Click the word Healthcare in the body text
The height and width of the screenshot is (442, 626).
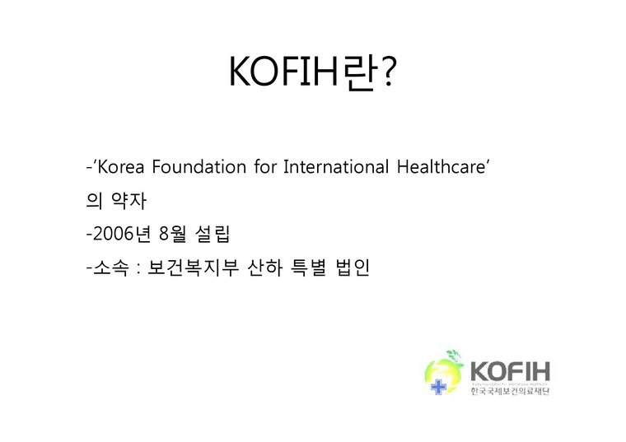tap(445, 168)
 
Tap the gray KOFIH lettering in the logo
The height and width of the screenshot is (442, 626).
tap(510, 370)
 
